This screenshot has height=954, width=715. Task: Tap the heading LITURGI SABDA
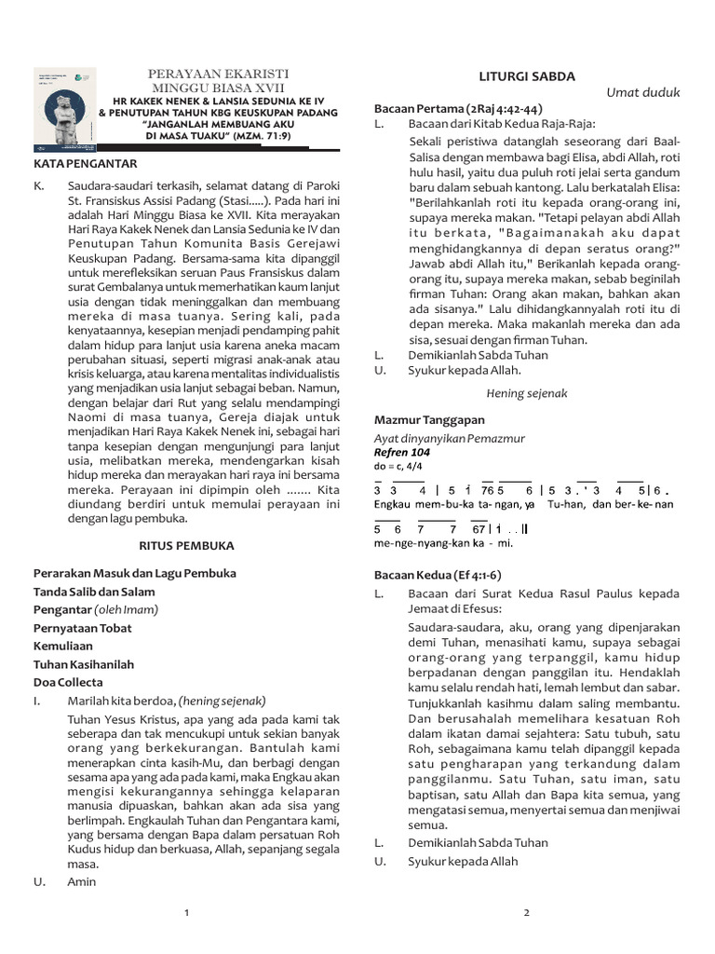click(526, 76)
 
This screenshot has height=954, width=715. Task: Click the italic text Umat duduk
click(643, 92)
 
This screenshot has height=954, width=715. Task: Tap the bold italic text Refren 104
click(402, 452)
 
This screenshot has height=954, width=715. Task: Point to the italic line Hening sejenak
click(526, 393)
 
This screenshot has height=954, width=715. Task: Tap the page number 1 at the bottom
click(187, 913)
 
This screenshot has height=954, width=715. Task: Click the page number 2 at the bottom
click(526, 913)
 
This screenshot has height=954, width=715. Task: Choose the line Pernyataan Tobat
click(83, 628)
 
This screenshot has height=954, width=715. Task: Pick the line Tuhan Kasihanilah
click(84, 664)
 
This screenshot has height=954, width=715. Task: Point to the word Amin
click(82, 881)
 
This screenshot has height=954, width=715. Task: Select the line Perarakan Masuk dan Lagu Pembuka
click(135, 573)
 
